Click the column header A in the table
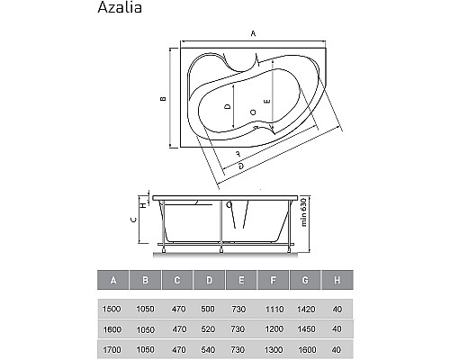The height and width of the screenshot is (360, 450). click(x=112, y=280)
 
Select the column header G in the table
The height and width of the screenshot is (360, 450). click(x=306, y=280)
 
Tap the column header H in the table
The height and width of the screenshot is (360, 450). click(x=337, y=280)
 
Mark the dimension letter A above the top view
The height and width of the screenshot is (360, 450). click(x=254, y=33)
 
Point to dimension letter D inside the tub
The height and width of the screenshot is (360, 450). click(x=229, y=106)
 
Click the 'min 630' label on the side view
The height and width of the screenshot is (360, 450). click(x=305, y=213)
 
